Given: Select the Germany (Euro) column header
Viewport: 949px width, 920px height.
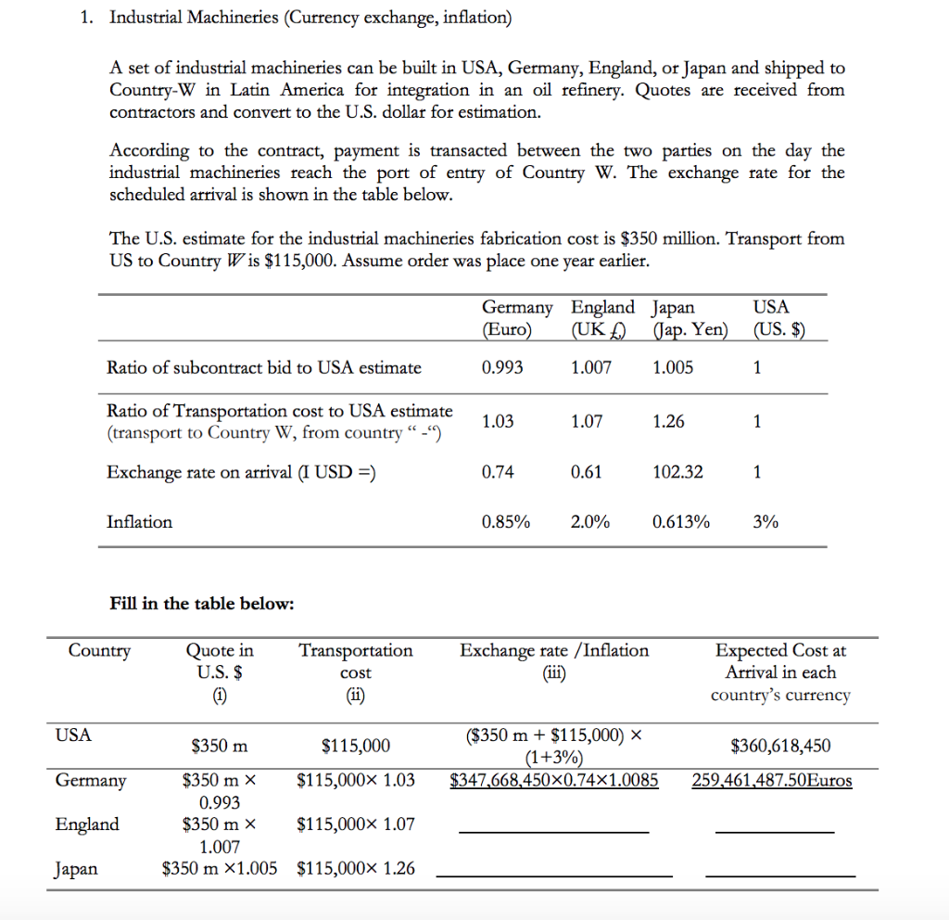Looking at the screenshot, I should [x=516, y=318].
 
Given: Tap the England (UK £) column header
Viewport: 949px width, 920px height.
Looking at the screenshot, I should [x=602, y=318].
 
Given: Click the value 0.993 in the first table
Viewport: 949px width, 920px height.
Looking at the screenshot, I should [x=502, y=367].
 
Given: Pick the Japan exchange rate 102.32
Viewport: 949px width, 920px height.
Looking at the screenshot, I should [x=677, y=472].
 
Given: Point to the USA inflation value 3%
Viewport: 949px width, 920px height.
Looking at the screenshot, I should [x=766, y=522].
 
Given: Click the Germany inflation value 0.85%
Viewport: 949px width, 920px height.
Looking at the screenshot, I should [x=506, y=522].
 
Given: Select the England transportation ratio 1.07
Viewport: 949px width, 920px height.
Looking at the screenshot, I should [x=587, y=422].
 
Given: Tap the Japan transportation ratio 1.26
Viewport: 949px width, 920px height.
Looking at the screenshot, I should [x=668, y=422].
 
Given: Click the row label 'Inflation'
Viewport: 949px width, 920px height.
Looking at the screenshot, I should [x=139, y=522].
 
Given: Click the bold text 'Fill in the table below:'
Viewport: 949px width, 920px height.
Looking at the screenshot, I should [x=201, y=604].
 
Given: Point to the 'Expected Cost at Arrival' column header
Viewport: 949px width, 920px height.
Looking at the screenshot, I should [x=780, y=672].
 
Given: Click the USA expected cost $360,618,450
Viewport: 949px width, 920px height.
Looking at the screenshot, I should [x=780, y=746].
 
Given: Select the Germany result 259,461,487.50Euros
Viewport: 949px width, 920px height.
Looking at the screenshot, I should [x=772, y=780].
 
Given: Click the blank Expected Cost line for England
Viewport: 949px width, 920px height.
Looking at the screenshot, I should [x=775, y=828].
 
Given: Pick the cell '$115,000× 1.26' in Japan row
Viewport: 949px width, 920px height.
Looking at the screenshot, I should [x=356, y=869].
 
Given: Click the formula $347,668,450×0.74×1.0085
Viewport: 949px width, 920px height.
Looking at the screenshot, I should [x=554, y=780].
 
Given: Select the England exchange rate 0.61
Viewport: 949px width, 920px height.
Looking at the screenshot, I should [x=587, y=472].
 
